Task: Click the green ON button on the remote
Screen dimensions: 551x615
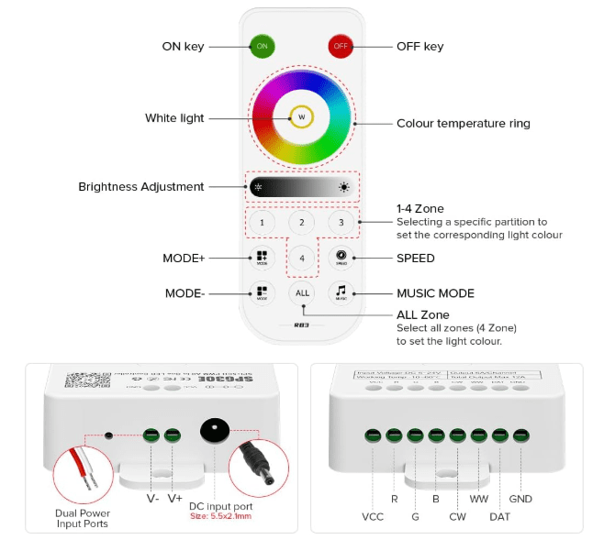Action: (x=262, y=46)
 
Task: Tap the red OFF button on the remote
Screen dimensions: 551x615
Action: (x=341, y=46)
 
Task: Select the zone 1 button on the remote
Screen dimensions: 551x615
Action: (x=262, y=222)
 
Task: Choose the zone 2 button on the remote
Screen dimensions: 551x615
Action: (x=301, y=222)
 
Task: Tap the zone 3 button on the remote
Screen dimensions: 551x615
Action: (x=341, y=222)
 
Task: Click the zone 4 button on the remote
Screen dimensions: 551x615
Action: (x=301, y=259)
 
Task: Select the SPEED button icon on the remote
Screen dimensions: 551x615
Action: (x=341, y=258)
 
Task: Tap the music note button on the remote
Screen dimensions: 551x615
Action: (x=341, y=293)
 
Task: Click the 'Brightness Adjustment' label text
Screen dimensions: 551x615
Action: (x=140, y=187)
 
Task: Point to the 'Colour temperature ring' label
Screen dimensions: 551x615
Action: (x=463, y=124)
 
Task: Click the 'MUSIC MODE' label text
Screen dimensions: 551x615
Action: (x=435, y=293)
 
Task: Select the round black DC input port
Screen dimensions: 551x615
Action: (x=215, y=430)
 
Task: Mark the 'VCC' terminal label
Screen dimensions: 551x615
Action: (x=374, y=517)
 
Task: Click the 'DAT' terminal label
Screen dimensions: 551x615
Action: (x=499, y=517)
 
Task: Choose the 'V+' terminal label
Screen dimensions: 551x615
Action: (x=174, y=500)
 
